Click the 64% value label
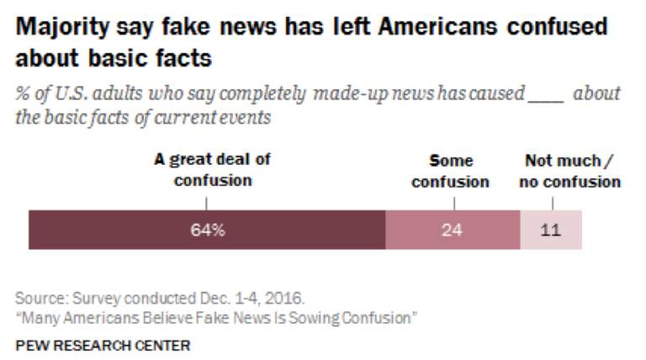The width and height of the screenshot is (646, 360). (206, 230)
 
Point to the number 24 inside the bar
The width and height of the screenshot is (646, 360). (453, 230)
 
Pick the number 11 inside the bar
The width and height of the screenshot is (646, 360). (551, 230)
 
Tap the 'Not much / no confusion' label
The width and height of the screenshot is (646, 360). (572, 171)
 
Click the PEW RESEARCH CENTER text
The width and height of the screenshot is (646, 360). (103, 345)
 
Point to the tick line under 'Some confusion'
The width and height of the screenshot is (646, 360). (453, 203)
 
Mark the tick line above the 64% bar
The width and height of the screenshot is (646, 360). (206, 203)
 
